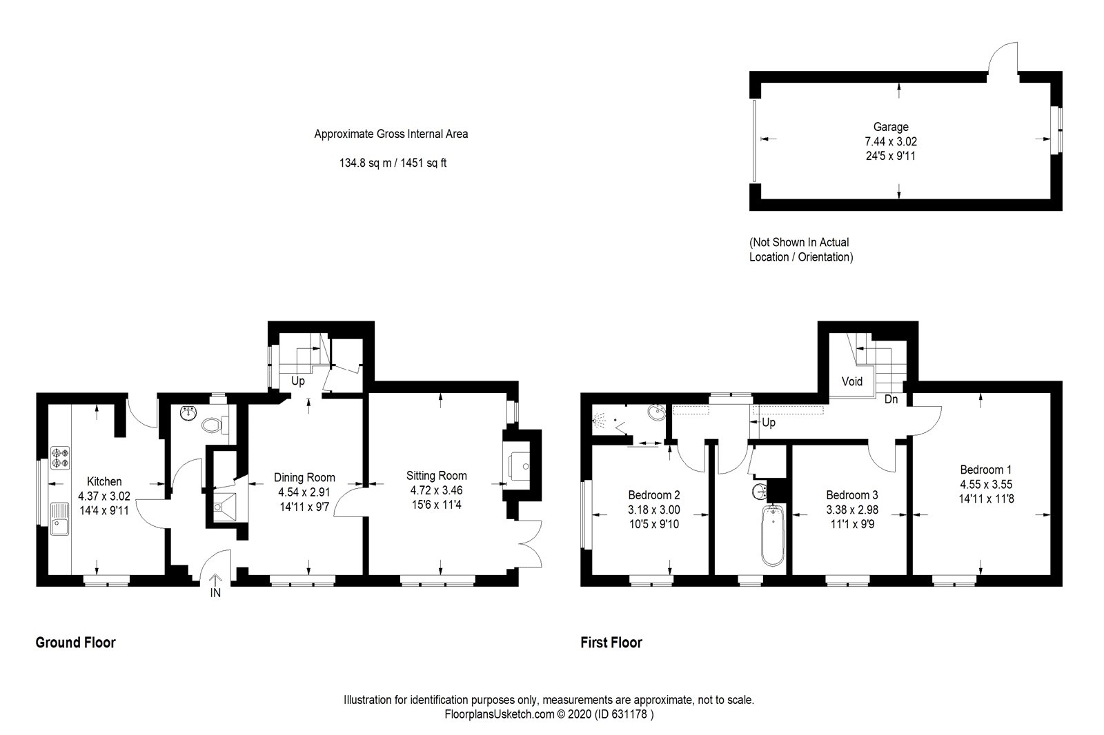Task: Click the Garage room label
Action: [x=891, y=127]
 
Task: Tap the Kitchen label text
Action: [x=104, y=481]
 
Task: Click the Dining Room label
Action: [x=304, y=477]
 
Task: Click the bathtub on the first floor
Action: [x=773, y=534]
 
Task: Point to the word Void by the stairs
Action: [x=852, y=381]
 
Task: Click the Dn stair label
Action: [x=891, y=399]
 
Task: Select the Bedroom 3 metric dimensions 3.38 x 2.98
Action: [x=852, y=510]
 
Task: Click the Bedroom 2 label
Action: [x=654, y=494]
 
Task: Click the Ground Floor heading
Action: [x=75, y=643]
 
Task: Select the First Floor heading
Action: [x=611, y=643]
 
